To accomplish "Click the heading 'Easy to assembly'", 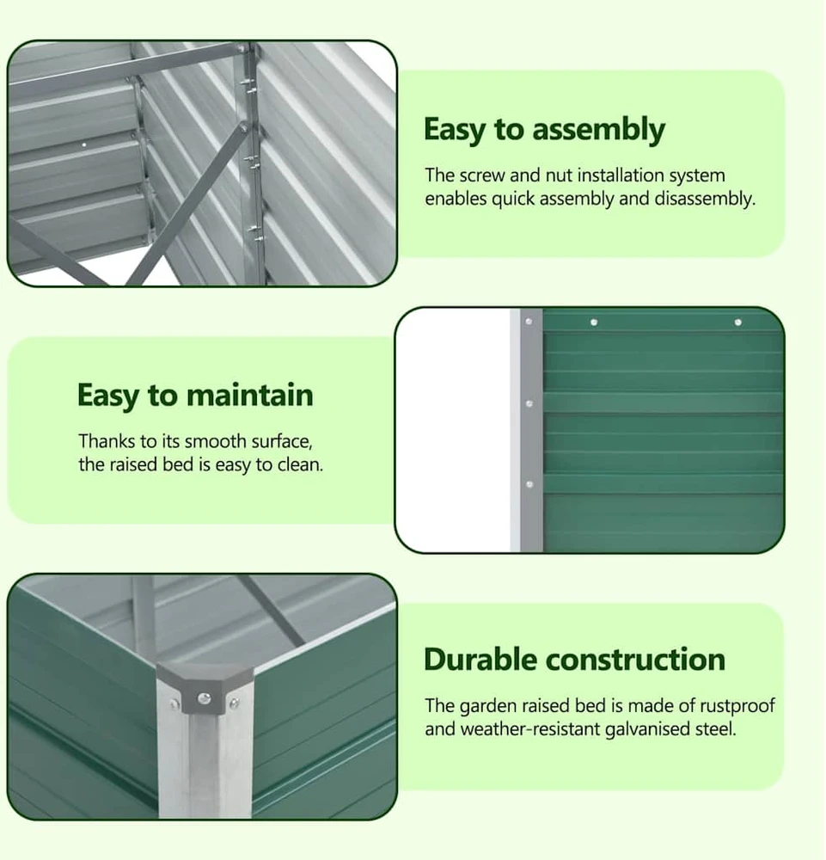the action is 544,130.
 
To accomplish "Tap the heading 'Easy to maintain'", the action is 195,395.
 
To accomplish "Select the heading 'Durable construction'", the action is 574,660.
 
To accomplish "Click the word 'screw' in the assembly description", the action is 482,175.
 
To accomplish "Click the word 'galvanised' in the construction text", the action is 647,729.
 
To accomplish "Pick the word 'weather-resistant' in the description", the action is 530,729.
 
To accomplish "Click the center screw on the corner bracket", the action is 205,698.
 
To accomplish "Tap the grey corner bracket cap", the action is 204,690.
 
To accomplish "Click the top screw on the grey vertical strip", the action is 529,322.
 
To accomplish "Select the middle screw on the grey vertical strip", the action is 529,403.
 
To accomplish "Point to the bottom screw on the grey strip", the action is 529,484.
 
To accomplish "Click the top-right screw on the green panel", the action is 737,322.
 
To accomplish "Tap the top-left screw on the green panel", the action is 594,322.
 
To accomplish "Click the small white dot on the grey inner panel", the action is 84,144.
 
